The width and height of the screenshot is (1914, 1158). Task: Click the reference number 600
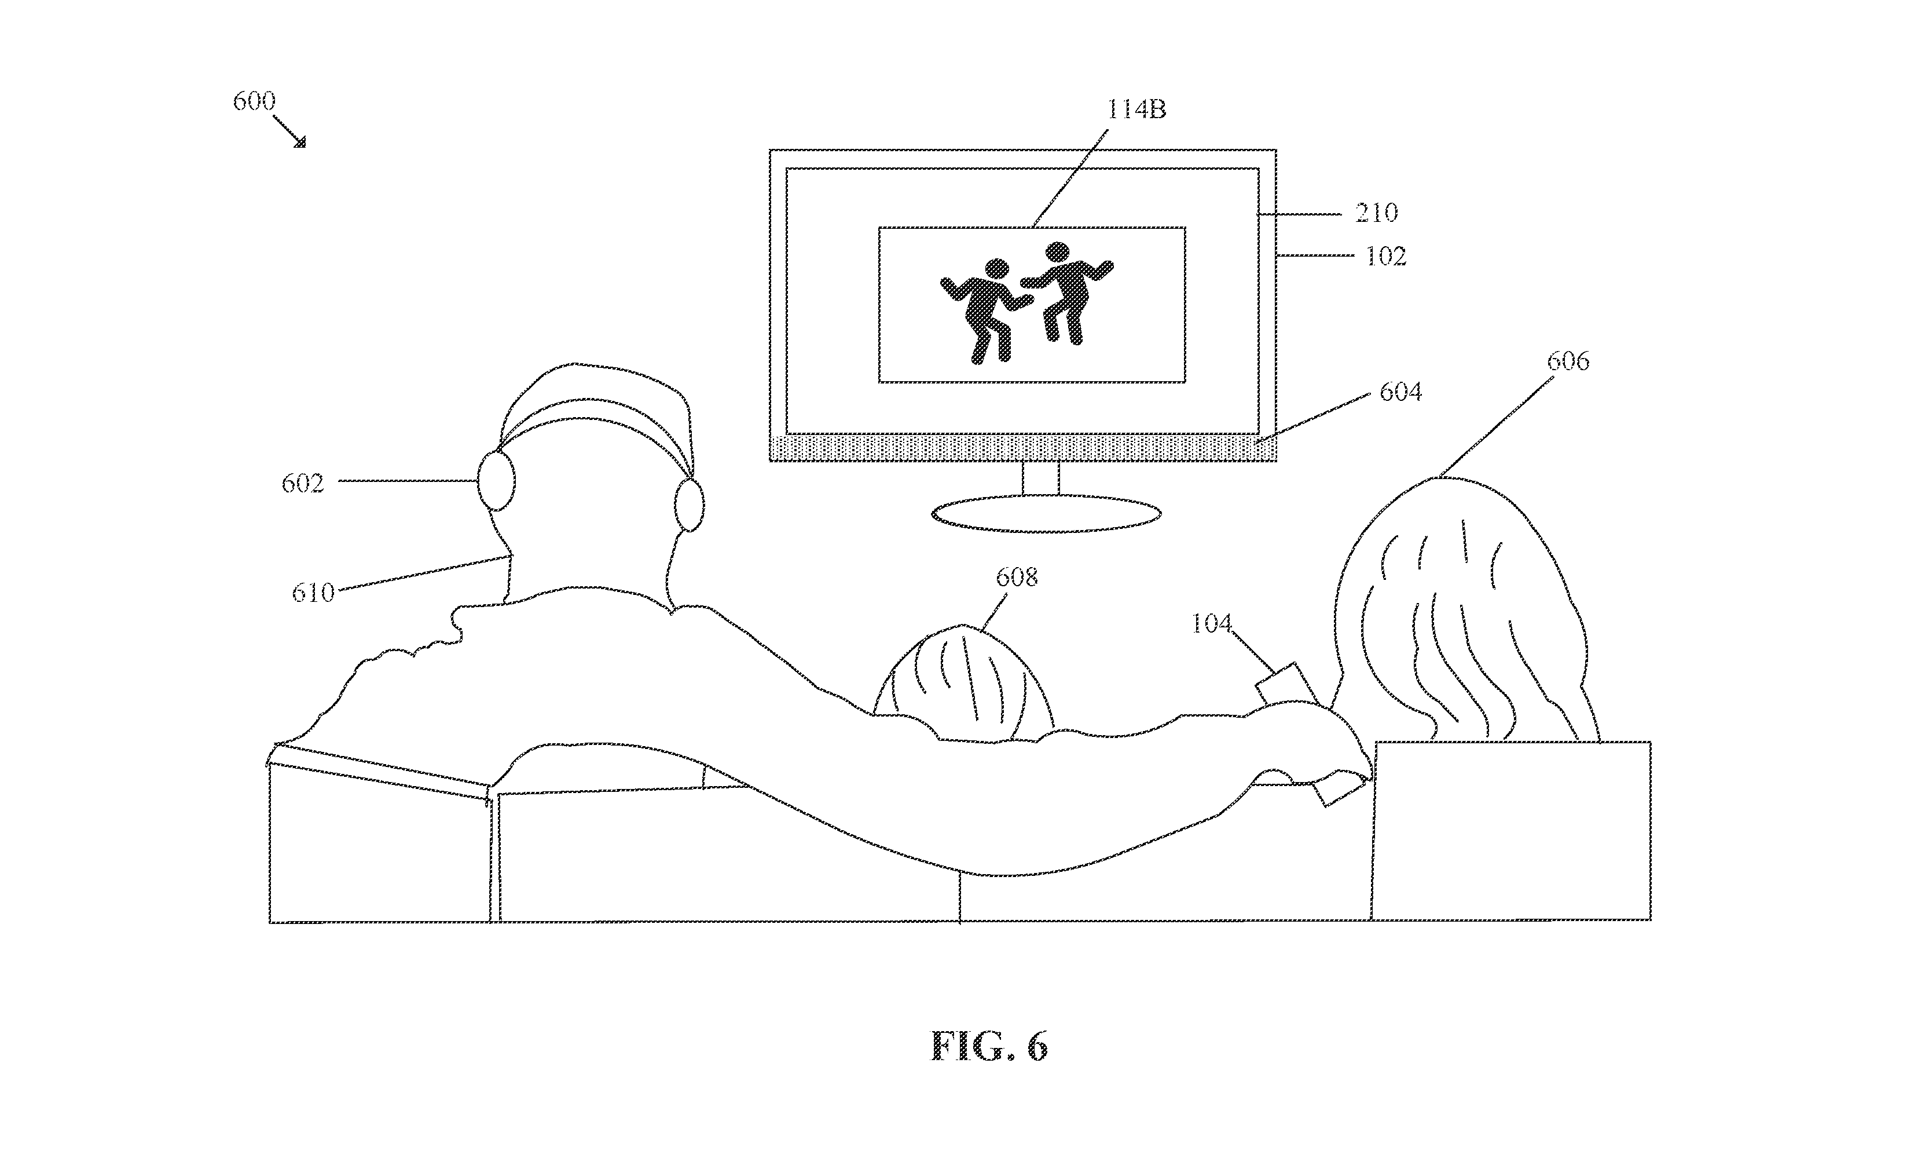[254, 101]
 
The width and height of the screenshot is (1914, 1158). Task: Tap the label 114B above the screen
[1136, 109]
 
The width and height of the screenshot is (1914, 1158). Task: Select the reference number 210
[1377, 212]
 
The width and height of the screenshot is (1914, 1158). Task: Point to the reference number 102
[1386, 257]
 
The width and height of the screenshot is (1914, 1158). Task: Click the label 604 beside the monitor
[1400, 392]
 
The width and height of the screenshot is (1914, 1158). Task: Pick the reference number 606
[1568, 361]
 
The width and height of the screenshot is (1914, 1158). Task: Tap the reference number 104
[1212, 623]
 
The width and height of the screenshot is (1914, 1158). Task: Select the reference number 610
[313, 593]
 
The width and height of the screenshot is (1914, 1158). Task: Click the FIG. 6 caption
[989, 1046]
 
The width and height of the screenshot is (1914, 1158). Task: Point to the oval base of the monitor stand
[1046, 514]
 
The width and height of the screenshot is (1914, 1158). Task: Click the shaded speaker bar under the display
[1023, 448]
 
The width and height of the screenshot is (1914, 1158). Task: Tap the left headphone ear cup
[496, 481]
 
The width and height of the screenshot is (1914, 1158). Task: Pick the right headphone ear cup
[689, 505]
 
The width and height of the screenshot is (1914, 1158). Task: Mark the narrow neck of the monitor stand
[1041, 478]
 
